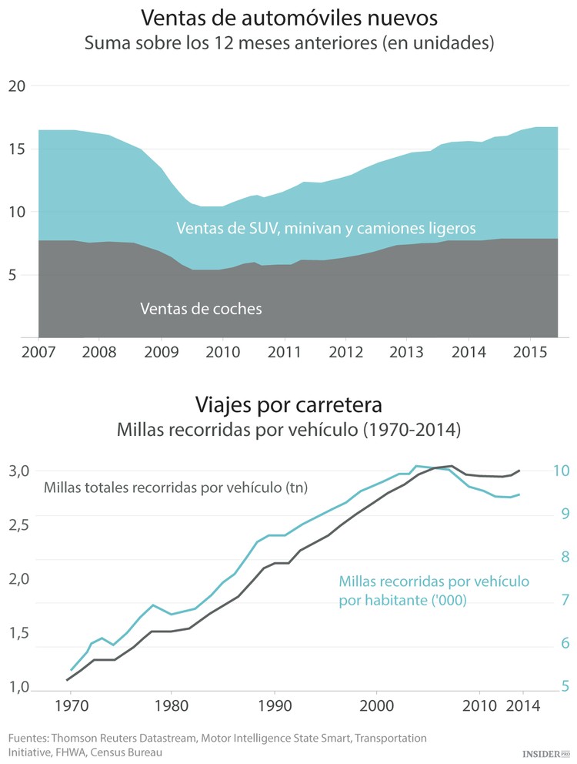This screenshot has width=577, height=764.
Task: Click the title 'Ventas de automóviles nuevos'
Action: [288, 18]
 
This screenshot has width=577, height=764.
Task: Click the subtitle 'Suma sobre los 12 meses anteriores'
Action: [288, 44]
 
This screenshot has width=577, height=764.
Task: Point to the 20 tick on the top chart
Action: [16, 86]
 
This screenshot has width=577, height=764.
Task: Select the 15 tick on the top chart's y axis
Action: [16, 149]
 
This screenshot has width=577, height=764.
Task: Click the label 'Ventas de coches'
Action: [201, 309]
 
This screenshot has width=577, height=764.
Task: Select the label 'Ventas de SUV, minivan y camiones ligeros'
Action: [326, 229]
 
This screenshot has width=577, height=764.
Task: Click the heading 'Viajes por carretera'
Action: [288, 404]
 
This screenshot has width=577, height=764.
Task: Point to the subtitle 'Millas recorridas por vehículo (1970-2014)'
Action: [288, 431]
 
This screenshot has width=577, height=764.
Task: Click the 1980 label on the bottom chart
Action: [171, 705]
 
